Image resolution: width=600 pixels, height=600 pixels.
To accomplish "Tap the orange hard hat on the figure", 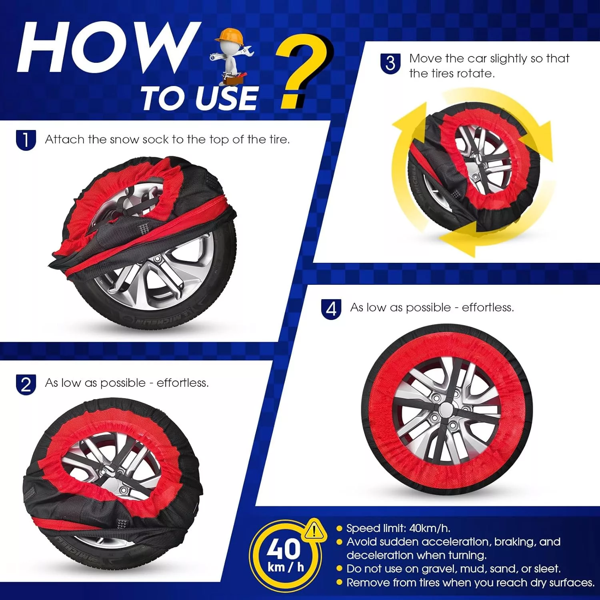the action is (x=230, y=36).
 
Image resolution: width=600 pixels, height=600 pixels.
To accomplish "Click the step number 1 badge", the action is (x=26, y=140).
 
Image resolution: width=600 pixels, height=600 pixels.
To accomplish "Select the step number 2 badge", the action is (x=26, y=384).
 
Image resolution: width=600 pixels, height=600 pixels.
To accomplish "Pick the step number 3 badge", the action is (x=390, y=64).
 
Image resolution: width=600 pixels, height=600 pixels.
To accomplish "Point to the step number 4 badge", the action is (x=331, y=309).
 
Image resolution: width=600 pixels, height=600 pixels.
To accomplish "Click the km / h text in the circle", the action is (x=286, y=567).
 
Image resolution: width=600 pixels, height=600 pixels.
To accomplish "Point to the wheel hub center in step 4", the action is (x=446, y=410).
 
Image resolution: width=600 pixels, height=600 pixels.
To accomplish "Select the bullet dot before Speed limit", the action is (x=340, y=529).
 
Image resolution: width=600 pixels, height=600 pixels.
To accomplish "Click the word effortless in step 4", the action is (x=488, y=307).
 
